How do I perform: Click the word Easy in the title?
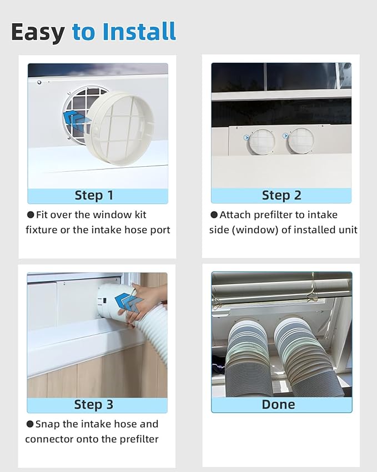(x=38, y=32)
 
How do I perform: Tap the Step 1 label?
(x=94, y=196)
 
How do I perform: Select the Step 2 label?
(x=282, y=196)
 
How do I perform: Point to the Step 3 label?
(x=94, y=405)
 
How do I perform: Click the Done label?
(x=278, y=405)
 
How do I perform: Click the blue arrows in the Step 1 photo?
(x=77, y=118)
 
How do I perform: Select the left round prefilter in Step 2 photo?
(x=261, y=141)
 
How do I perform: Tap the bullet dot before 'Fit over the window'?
(x=31, y=215)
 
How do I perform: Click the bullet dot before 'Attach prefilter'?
(x=214, y=215)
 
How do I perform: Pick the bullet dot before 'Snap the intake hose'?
(x=30, y=424)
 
